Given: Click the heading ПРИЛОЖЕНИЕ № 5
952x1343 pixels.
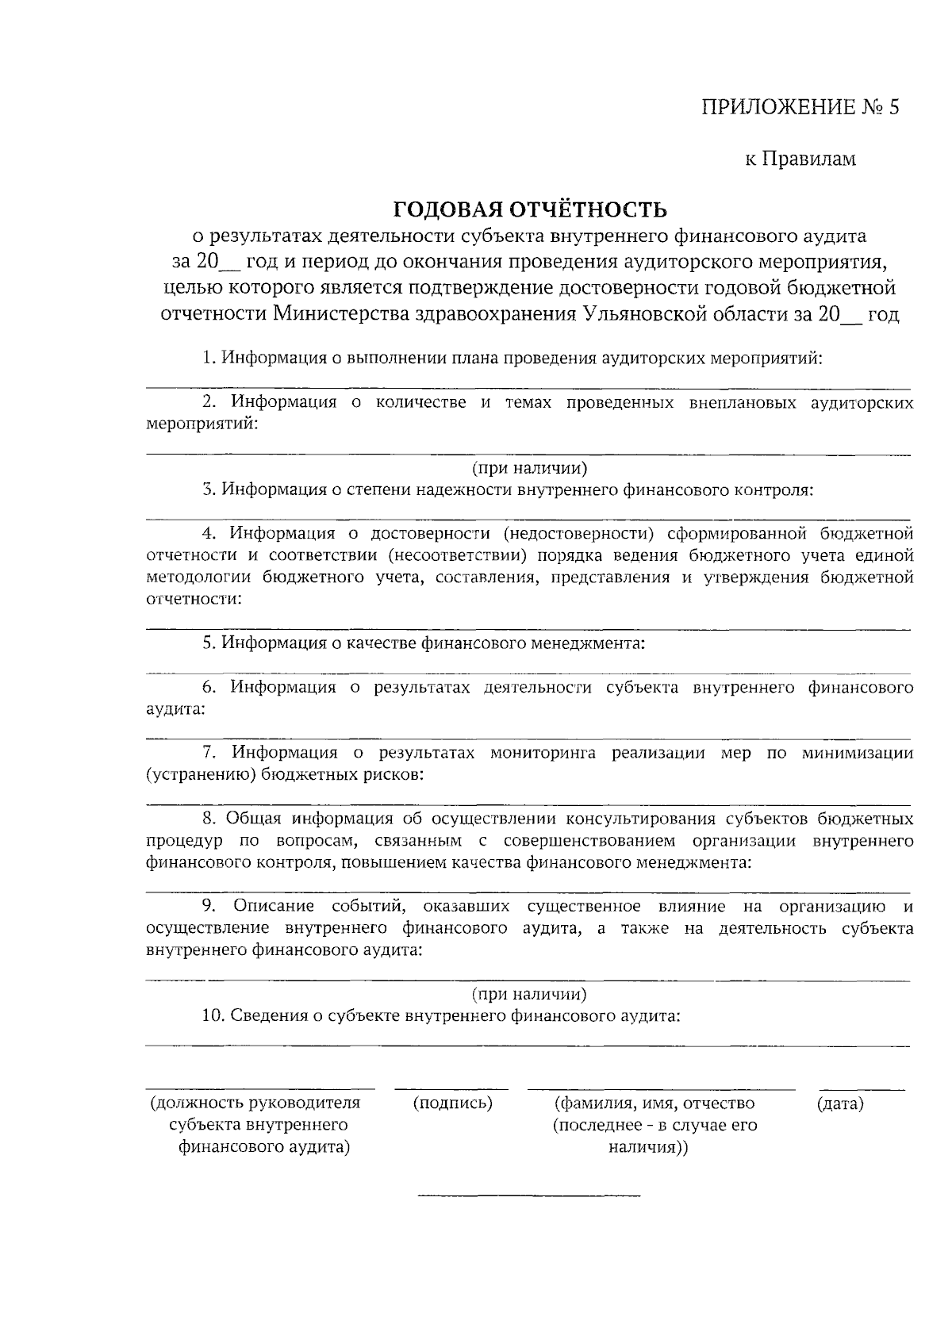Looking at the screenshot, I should point(800,108).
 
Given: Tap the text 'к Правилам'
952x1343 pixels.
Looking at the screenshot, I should point(800,159).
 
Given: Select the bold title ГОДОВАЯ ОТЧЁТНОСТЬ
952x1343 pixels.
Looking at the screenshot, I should point(531,210).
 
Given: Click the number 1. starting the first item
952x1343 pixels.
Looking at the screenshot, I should point(209,359).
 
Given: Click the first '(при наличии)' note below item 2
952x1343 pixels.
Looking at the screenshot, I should point(530,468).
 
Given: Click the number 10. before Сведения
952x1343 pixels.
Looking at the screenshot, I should point(215,1016).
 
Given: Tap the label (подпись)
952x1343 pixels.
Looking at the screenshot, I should point(452,1103).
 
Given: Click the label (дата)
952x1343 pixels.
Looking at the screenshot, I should point(839,1103).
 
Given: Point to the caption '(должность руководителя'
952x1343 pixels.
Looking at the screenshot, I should point(255,1103).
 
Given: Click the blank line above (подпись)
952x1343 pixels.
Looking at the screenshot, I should point(451,1088).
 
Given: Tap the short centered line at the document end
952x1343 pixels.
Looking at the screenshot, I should point(528,1195).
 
